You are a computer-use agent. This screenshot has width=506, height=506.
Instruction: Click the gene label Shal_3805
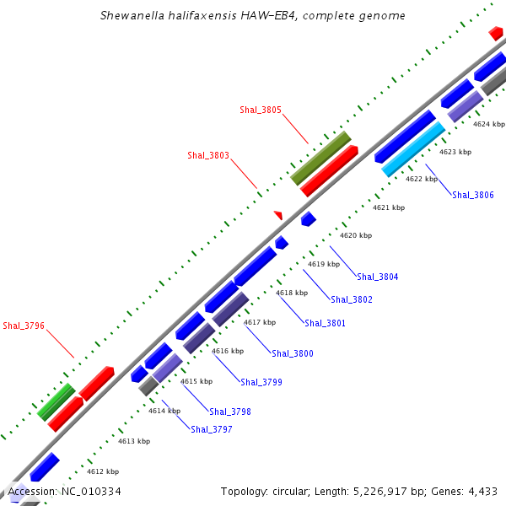261,110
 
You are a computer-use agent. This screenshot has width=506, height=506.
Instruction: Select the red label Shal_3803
208,155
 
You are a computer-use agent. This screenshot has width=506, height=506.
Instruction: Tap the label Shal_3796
24,326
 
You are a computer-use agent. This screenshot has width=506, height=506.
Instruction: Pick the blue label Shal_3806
473,195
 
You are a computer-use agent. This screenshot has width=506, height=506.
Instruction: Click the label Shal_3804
378,277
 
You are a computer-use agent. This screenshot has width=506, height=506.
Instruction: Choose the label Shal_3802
352,299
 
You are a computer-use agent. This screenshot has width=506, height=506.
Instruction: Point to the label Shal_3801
325,323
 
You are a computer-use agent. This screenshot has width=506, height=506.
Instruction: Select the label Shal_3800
293,353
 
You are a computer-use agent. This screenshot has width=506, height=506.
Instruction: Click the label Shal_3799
261,382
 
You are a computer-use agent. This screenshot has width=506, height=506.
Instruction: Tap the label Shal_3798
230,412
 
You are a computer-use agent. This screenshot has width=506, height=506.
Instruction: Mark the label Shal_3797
212,429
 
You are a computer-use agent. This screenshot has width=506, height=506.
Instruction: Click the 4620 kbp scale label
356,235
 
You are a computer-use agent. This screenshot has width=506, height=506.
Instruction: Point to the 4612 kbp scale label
103,471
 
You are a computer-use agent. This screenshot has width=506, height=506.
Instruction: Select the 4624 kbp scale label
489,124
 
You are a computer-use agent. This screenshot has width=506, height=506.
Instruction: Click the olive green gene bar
320,158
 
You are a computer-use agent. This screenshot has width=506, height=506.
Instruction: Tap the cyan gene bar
413,149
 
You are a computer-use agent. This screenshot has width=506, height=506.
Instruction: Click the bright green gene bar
57,401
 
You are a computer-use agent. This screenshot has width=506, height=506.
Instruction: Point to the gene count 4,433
481,491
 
